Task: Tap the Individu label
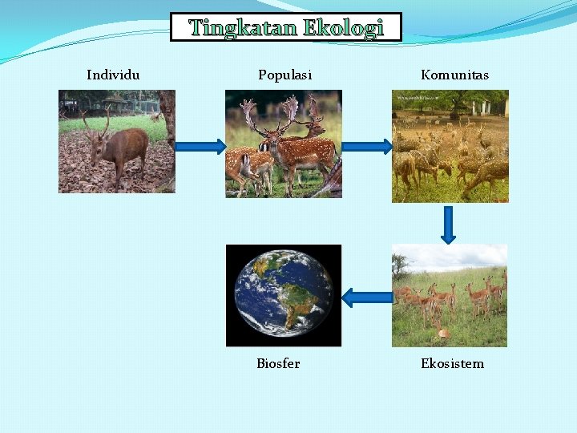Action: pyautogui.click(x=113, y=75)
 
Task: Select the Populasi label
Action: pyautogui.click(x=284, y=75)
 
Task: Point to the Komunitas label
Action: pyautogui.click(x=454, y=75)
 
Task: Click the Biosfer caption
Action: pyautogui.click(x=278, y=363)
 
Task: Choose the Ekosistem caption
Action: pyautogui.click(x=452, y=363)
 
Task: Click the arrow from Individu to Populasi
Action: pyautogui.click(x=200, y=146)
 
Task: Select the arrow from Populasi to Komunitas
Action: pyautogui.click(x=367, y=146)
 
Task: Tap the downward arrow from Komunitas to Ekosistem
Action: pyautogui.click(x=448, y=225)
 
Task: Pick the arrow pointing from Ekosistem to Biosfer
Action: pyautogui.click(x=367, y=297)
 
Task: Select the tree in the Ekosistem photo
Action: pyautogui.click(x=400, y=265)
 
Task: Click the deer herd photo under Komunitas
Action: pyautogui.click(x=450, y=146)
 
